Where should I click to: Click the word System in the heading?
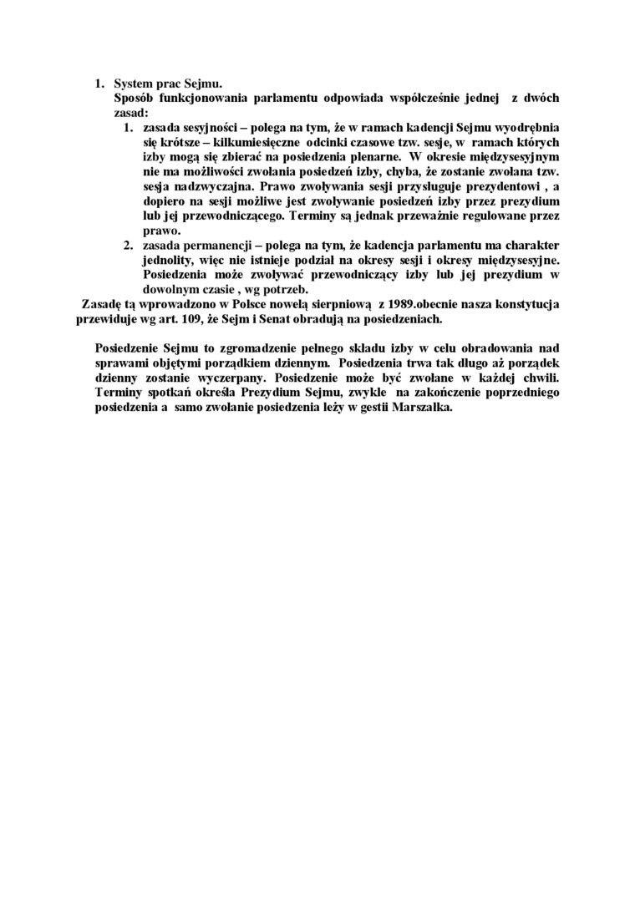click(134, 84)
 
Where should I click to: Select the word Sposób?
click(135, 98)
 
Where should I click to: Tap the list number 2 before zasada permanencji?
click(129, 244)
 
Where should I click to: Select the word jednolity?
click(171, 259)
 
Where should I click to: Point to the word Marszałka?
click(422, 406)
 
